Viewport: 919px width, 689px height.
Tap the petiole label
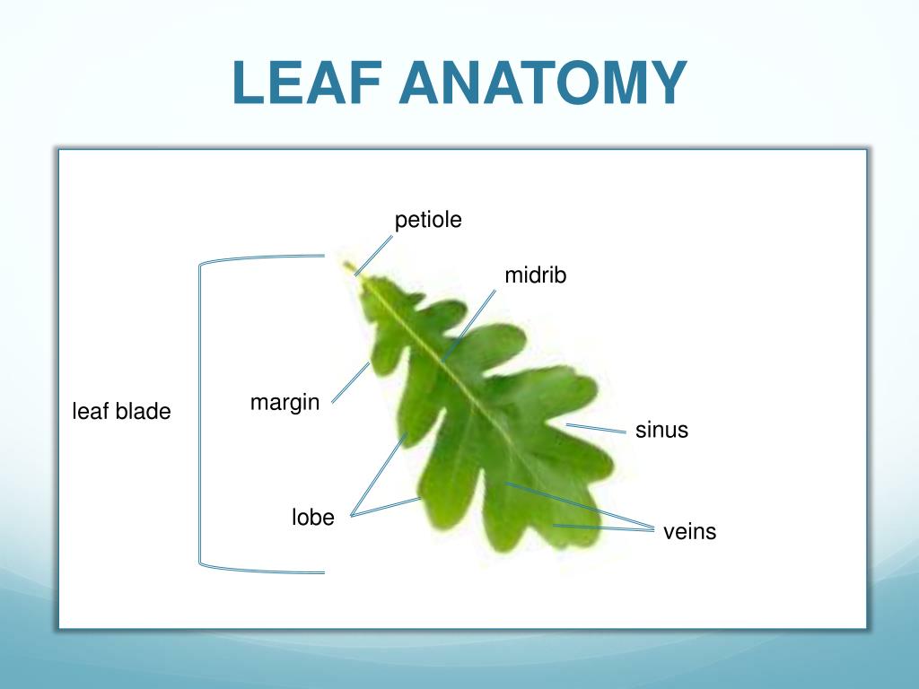pos(428,220)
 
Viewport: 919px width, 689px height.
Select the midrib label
pos(536,275)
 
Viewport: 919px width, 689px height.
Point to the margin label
pos(284,403)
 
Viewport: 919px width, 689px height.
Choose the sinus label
pos(661,430)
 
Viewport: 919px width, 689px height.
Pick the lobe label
pos(312,518)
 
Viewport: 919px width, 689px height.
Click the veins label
pos(689,532)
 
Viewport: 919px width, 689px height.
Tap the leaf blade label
pos(121,412)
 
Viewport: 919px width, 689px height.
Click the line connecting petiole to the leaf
pos(375,255)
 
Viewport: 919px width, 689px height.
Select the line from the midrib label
pos(470,323)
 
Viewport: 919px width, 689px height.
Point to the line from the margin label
pos(351,381)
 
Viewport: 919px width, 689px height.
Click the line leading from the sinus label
pos(596,428)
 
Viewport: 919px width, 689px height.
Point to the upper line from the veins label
pos(579,506)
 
